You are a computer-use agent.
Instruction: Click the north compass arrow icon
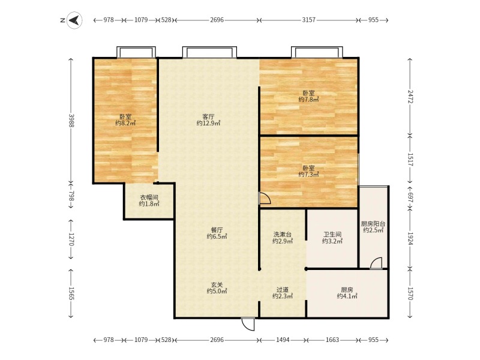pos(74,20)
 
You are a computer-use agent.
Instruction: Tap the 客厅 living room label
pos(208,116)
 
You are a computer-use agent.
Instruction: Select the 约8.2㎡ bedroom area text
pos(125,123)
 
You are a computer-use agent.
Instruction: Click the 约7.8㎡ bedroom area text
pos(308,100)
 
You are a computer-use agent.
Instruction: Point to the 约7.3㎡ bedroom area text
pos(308,175)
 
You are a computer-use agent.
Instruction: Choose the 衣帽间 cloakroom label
pos(149,197)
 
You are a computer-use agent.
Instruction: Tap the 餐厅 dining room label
pos(217,230)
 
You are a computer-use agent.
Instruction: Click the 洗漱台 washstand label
pos(282,235)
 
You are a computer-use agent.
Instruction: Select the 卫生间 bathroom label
pos(332,235)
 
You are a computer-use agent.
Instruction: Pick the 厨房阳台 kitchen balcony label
pos(373,224)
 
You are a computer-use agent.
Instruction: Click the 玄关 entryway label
pos(217,284)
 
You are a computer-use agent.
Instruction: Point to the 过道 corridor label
pos(282,289)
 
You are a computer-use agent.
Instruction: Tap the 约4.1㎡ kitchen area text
pos(347,296)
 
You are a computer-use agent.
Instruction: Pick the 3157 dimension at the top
pos(308,20)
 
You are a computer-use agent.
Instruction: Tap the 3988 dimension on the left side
pos(71,121)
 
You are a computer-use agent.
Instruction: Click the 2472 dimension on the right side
pos(410,97)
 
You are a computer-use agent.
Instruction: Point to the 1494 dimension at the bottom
pos(283,340)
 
